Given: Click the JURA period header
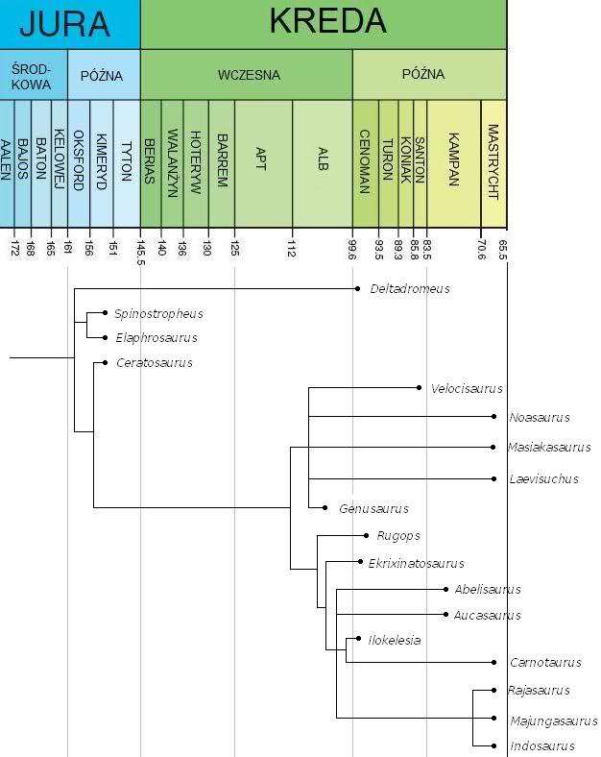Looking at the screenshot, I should [x=69, y=24].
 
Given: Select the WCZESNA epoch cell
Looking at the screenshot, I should [x=246, y=74].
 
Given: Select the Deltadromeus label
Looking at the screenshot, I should [x=410, y=288].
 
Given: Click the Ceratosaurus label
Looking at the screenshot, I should [x=154, y=362].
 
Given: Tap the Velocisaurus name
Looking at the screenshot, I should [x=467, y=388].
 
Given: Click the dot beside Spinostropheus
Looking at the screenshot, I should [x=104, y=313].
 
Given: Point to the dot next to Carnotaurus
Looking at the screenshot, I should [x=494, y=662].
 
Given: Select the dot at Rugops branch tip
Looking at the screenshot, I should [x=366, y=535].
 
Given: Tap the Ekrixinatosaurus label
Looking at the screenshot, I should [x=416, y=563].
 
